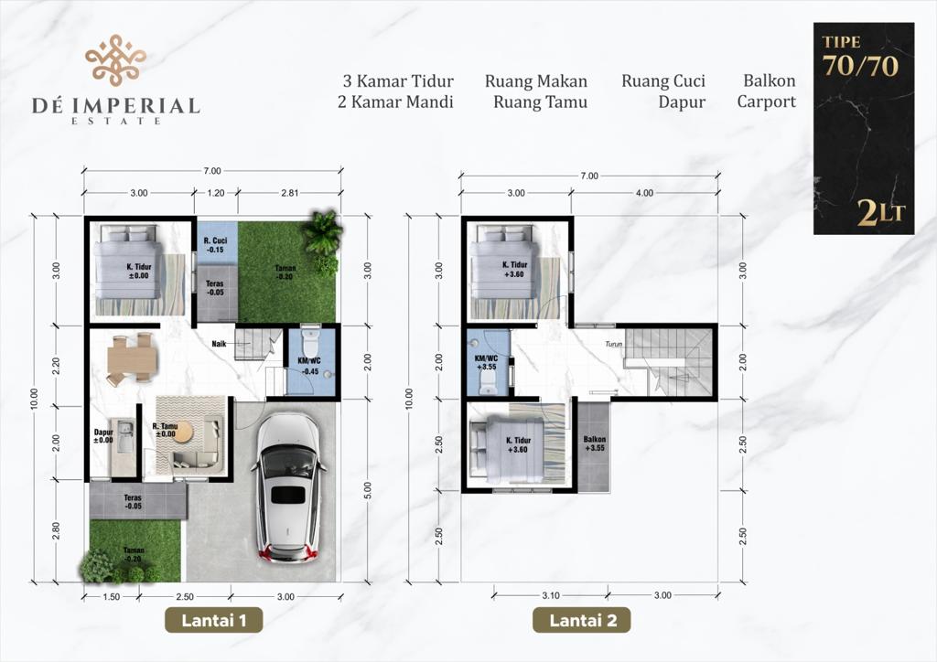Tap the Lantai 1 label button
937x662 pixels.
click(214, 620)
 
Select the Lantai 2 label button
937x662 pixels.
click(582, 620)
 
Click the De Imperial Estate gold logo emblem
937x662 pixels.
click(115, 59)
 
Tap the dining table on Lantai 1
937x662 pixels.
click(132, 359)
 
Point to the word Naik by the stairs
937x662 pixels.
click(219, 344)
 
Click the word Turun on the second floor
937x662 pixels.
click(613, 345)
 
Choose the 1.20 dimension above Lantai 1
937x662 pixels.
click(216, 193)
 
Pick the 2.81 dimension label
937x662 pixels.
click(289, 193)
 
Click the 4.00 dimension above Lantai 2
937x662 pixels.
click(644, 193)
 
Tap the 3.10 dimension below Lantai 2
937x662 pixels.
click(550, 595)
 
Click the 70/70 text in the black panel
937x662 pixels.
click(860, 66)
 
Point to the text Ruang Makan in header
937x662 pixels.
click(536, 81)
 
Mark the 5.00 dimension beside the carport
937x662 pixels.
click(368, 490)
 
